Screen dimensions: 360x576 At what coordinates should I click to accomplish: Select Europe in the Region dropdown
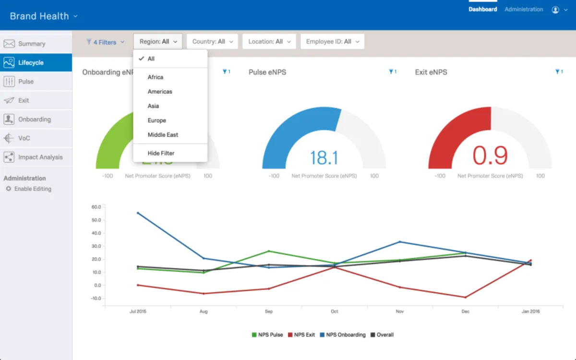(157, 120)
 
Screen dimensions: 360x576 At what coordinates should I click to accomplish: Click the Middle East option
(163, 135)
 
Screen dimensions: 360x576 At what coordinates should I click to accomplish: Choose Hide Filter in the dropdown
(161, 153)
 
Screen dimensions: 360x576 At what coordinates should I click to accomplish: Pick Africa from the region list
(156, 77)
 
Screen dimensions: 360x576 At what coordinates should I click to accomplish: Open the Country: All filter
(212, 42)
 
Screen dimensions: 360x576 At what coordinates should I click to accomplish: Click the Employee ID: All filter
(332, 42)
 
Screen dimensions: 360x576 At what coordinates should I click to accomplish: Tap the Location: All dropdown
(269, 42)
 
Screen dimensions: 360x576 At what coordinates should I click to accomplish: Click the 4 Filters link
(105, 42)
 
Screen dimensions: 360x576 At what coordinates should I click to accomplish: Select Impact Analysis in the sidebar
(40, 157)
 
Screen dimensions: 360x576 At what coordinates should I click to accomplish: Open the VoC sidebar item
(24, 138)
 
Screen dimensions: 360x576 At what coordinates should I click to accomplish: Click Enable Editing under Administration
(32, 189)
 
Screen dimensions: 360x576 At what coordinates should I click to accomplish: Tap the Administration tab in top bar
(524, 9)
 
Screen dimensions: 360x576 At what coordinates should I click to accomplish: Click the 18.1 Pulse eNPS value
(324, 157)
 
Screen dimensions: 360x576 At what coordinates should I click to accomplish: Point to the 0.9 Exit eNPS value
(490, 156)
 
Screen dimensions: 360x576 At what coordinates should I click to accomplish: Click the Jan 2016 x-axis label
(530, 312)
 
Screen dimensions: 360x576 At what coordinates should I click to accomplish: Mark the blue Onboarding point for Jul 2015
(138, 213)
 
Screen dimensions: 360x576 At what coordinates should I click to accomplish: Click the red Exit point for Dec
(465, 297)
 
